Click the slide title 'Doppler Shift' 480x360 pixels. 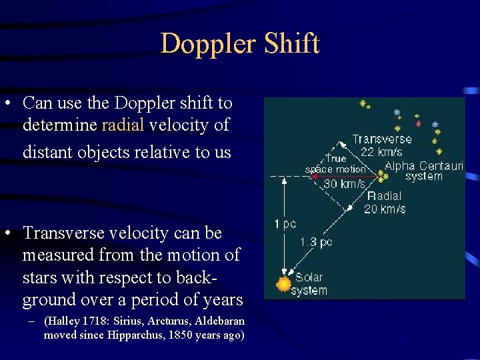tap(240, 44)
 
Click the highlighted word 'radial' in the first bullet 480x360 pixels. tap(122, 125)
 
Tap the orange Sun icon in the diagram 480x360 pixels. tap(284, 285)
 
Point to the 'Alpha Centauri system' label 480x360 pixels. tap(424, 171)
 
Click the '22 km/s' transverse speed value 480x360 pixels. tap(381, 152)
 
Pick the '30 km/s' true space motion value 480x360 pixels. tap(344, 183)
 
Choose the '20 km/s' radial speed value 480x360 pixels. tap(384, 209)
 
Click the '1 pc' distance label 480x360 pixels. tap(285, 225)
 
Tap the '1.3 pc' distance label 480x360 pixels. tap(316, 242)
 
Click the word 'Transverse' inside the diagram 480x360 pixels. tap(382, 139)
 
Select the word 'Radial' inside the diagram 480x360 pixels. tap(385, 196)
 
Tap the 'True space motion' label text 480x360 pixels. tap(335, 164)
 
